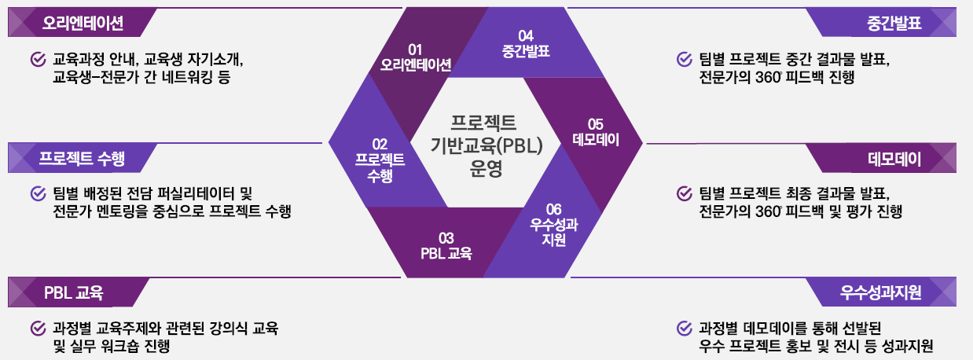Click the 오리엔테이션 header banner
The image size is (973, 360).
tap(82, 23)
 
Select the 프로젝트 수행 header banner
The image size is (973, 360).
tap(82, 158)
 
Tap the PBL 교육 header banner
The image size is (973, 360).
tap(78, 292)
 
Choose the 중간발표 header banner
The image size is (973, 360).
tap(882, 23)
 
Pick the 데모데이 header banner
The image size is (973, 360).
tap(882, 158)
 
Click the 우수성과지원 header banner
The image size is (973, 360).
tap(882, 292)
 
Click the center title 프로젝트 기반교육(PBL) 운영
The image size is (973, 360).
tap(486, 145)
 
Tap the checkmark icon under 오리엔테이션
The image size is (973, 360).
tap(39, 59)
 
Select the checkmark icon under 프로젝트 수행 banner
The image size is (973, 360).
tap(39, 193)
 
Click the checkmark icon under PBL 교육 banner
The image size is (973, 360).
tap(39, 329)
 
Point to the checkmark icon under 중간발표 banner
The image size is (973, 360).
tap(685, 59)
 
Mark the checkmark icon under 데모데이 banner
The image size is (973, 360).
tap(685, 193)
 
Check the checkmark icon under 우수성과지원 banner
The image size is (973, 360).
tap(685, 329)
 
